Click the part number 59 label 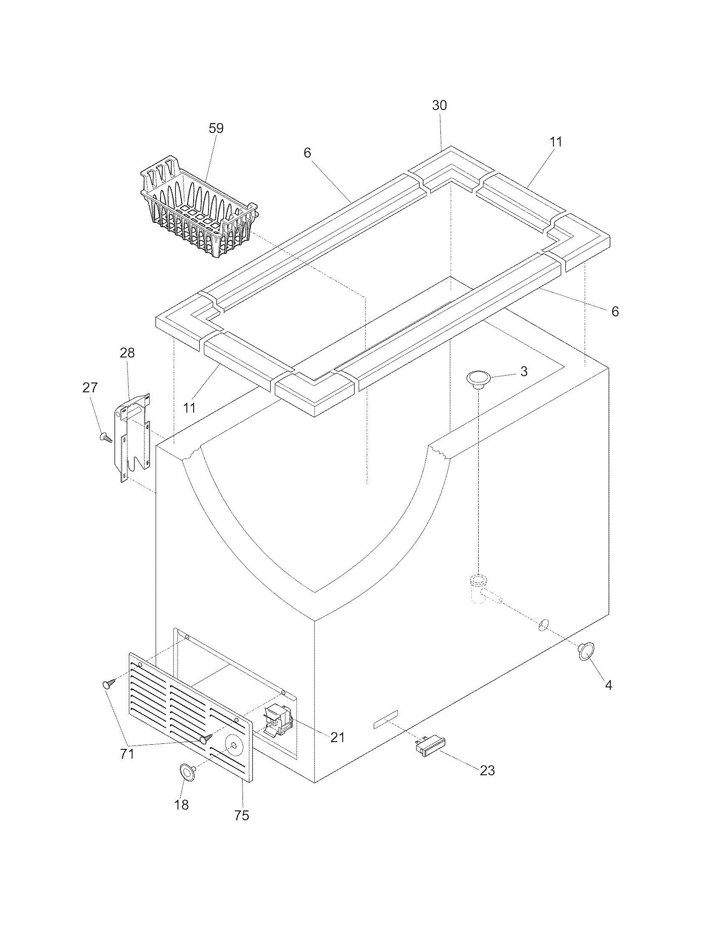[x=216, y=128]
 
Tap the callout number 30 [x=439, y=105]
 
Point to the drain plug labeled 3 [x=478, y=379]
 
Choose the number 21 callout [x=338, y=737]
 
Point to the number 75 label [x=242, y=816]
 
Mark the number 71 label [x=127, y=754]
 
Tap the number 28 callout [x=127, y=353]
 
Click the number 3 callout [x=524, y=371]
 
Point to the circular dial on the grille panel [x=234, y=746]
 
